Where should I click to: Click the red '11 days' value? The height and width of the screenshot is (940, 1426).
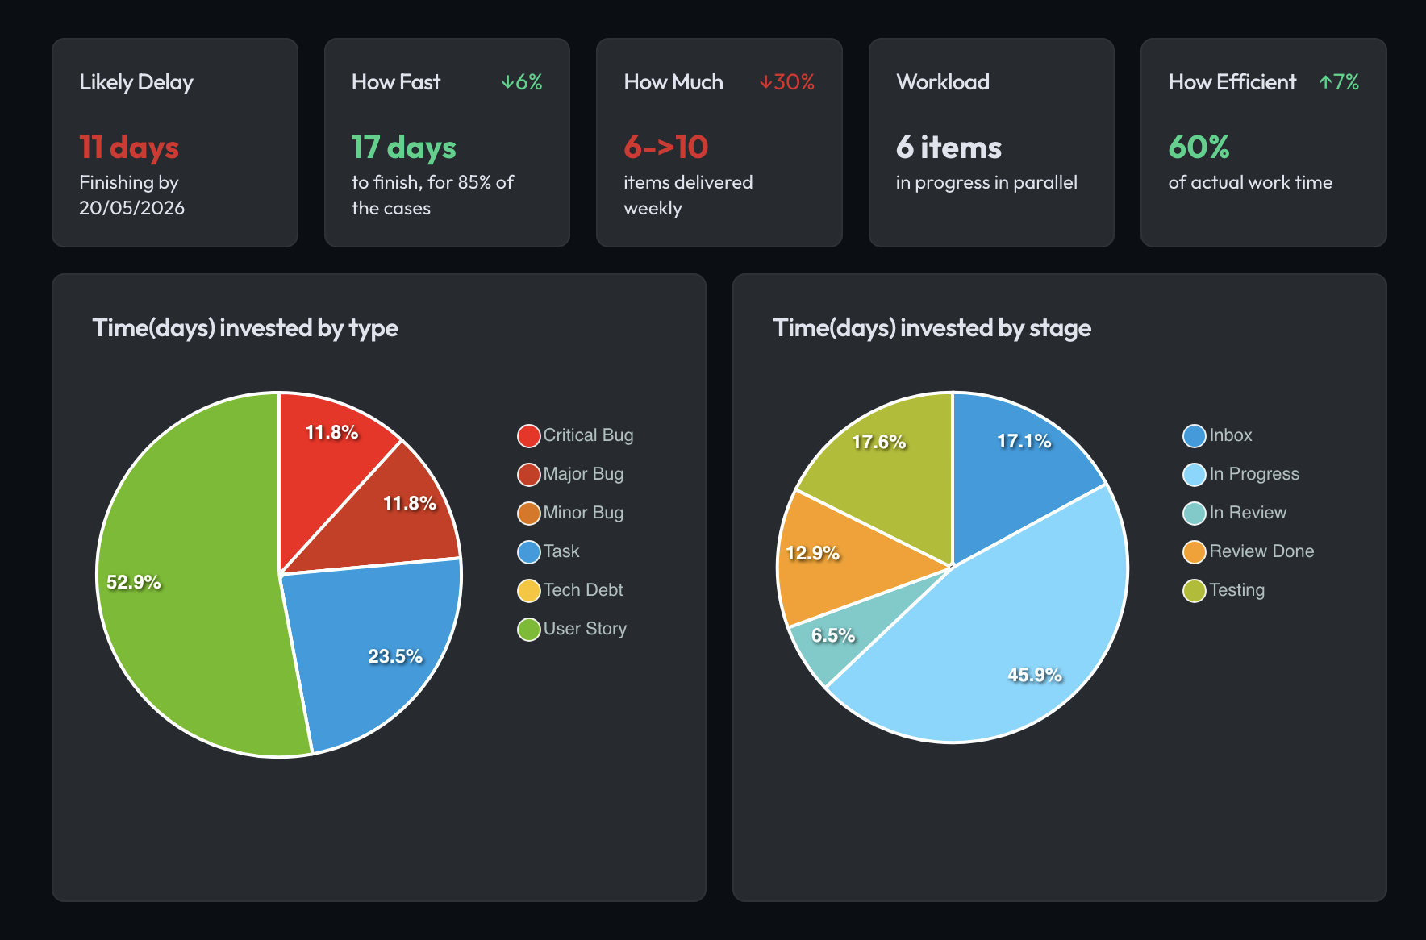129,148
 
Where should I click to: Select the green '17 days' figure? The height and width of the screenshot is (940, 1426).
403,148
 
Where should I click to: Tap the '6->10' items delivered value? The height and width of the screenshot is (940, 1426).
665,148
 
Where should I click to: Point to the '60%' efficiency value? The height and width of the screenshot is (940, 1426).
1199,148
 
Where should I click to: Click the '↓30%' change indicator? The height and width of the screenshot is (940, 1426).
786,82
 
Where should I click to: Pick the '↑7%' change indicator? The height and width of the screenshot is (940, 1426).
1339,82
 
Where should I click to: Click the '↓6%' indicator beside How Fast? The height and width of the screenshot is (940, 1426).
522,82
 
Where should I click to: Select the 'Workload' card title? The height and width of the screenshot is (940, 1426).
942,82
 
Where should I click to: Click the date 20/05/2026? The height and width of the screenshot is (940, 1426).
131,208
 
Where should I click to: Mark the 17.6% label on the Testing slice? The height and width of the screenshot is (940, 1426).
878,442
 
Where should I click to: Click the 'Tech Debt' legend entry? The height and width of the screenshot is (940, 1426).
582,590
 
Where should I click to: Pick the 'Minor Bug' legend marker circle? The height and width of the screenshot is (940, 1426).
528,514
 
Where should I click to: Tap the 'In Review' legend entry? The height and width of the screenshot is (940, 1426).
1247,513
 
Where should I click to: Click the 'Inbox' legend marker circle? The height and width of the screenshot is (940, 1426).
1194,436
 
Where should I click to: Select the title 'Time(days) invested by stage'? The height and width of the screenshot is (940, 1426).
932,328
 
